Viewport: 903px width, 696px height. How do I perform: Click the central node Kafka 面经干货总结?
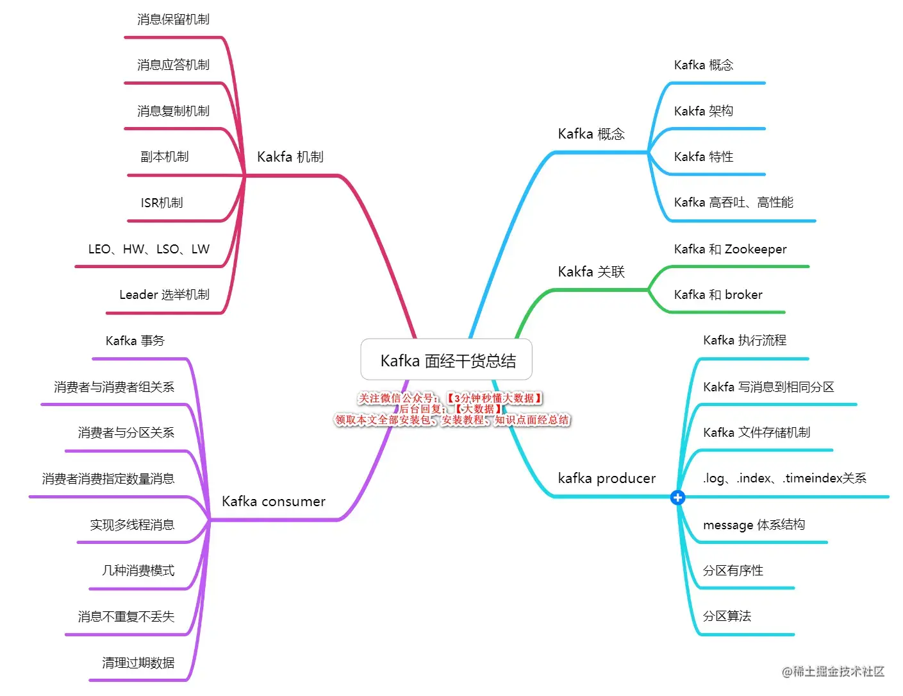pyautogui.click(x=447, y=361)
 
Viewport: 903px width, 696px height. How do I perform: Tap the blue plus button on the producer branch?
pyautogui.click(x=677, y=497)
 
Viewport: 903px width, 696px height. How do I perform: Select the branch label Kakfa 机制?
pyautogui.click(x=290, y=157)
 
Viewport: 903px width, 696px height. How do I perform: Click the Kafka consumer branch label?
pyautogui.click(x=273, y=502)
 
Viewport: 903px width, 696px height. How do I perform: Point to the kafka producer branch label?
pyautogui.click(x=606, y=479)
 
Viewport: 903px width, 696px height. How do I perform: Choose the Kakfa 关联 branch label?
pyautogui.click(x=591, y=272)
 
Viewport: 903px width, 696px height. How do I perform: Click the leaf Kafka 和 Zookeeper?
pyautogui.click(x=730, y=250)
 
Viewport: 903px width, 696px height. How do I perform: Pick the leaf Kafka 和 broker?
pyautogui.click(x=718, y=295)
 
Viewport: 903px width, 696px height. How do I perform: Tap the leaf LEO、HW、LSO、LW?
pyautogui.click(x=149, y=250)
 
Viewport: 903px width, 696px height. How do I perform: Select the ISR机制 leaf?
pyautogui.click(x=162, y=203)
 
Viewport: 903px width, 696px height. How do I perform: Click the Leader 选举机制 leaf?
pyautogui.click(x=164, y=295)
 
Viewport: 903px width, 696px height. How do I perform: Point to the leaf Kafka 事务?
pyautogui.click(x=135, y=341)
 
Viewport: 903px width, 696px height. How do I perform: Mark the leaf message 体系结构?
pyautogui.click(x=754, y=525)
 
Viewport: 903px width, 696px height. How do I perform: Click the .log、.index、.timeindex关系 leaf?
pyautogui.click(x=784, y=479)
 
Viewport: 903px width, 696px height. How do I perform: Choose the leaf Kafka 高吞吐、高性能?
pyautogui.click(x=733, y=203)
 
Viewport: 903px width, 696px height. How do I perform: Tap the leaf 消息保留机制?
pyautogui.click(x=173, y=20)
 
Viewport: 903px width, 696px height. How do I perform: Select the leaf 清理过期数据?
pyautogui.click(x=138, y=663)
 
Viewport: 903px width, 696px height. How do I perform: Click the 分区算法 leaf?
pyautogui.click(x=727, y=616)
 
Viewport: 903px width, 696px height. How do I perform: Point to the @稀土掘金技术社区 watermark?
pyautogui.click(x=833, y=672)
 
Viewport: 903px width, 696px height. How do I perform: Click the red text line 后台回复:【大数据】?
pyautogui.click(x=451, y=409)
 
